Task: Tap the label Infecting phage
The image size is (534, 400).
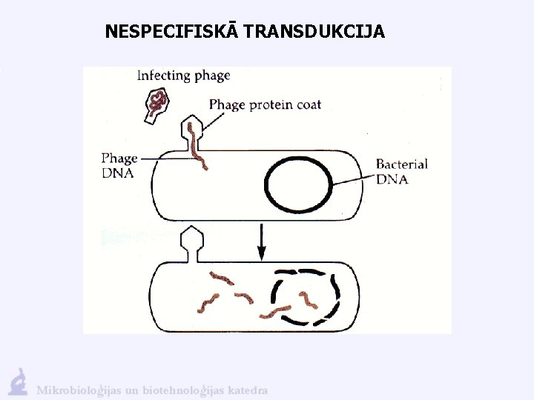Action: coord(184,76)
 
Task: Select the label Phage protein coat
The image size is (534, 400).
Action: coord(265,104)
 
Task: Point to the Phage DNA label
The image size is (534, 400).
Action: coord(119,165)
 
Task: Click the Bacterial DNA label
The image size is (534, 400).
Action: coord(401,171)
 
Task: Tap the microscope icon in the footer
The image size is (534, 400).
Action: coord(18,381)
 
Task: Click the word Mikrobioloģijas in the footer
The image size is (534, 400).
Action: coord(85,390)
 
